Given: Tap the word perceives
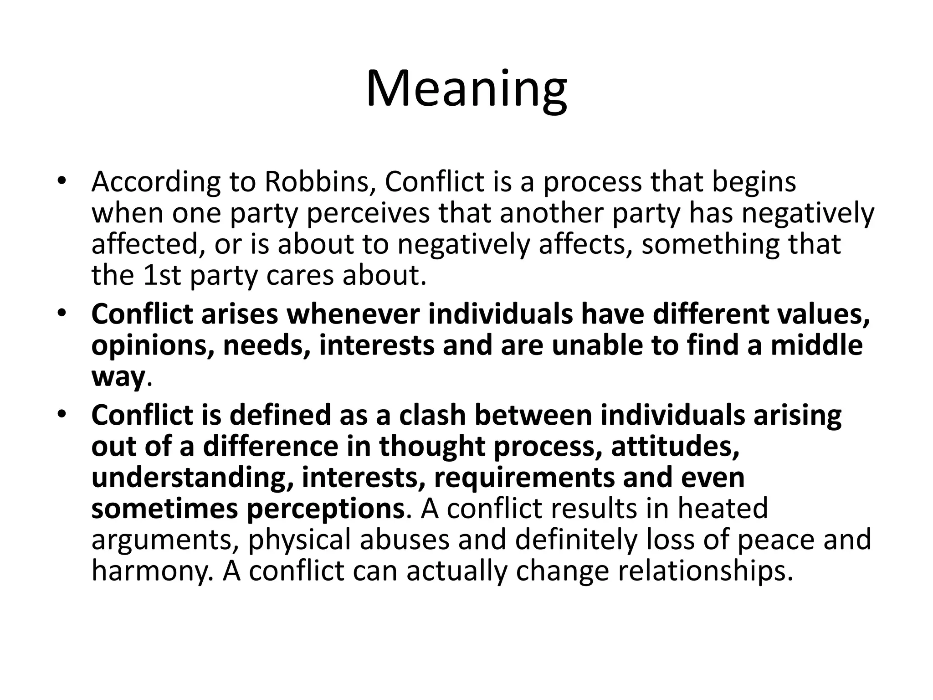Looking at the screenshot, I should [x=368, y=213].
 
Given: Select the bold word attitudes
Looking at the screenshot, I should [x=675, y=446].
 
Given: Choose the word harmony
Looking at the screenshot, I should [x=152, y=571].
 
